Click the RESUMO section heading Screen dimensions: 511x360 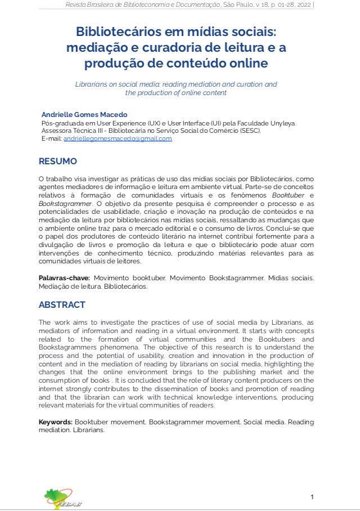click(x=57, y=162)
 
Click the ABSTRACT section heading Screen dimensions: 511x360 click(x=62, y=305)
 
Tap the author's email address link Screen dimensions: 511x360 click(x=118, y=138)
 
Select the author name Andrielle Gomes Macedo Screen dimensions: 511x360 click(x=84, y=114)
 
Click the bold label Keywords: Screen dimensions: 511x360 click(x=55, y=422)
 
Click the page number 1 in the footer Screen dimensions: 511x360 click(x=312, y=496)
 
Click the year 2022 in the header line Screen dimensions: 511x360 click(x=301, y=6)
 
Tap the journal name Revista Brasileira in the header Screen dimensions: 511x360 click(x=89, y=6)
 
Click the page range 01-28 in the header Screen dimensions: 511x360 click(x=280, y=6)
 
